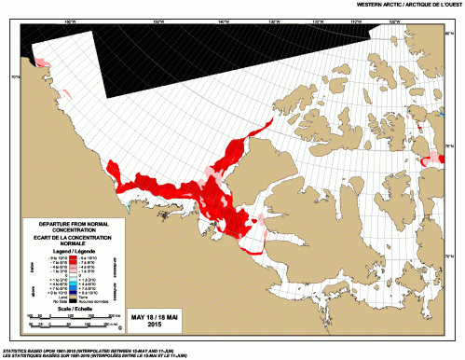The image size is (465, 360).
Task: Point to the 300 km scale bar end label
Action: point(112,317)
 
